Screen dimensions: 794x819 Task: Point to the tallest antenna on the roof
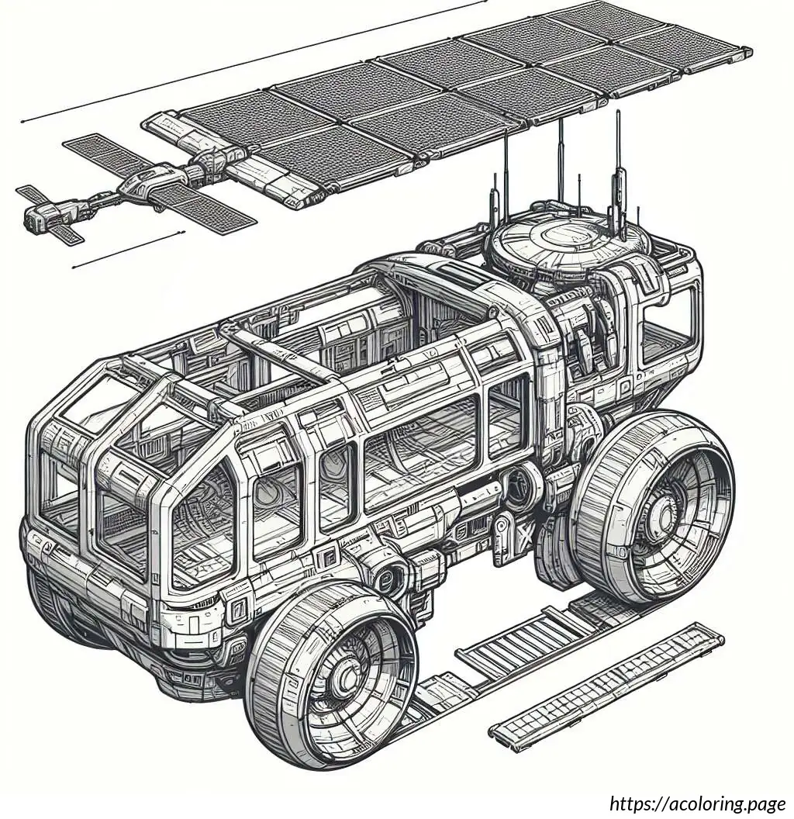[x=618, y=168]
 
